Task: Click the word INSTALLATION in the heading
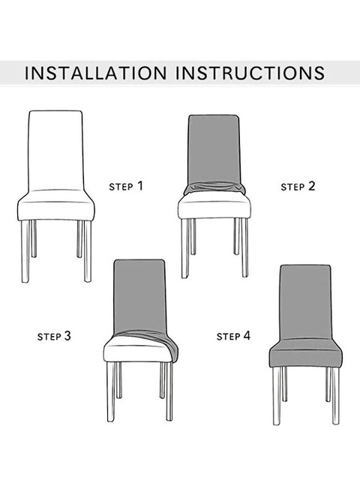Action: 96,73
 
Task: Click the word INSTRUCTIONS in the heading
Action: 250,73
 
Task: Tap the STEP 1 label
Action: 126,186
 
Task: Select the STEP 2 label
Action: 298,186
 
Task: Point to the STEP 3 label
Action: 54,336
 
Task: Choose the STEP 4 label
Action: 233,336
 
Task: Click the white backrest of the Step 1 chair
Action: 56,151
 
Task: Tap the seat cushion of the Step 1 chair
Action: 56,205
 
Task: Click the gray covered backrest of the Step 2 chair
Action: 214,150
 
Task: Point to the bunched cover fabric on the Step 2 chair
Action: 214,187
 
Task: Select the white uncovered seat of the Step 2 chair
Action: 214,207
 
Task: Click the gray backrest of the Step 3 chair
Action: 140,296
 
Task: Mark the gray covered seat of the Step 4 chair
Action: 306,352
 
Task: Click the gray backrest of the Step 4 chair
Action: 306,302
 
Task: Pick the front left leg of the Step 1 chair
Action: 25,251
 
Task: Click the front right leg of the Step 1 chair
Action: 88,251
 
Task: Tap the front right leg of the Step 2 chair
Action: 244,247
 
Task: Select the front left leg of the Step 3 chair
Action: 111,391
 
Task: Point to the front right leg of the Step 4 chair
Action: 336,396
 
